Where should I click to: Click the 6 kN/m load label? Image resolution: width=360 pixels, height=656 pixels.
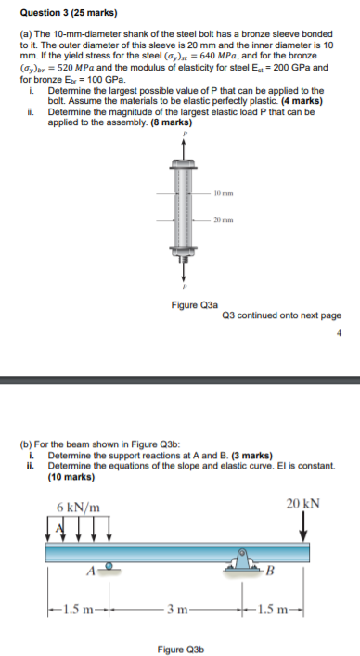pyautogui.click(x=79, y=508)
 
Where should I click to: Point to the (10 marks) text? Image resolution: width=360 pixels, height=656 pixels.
pyautogui.click(x=74, y=476)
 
